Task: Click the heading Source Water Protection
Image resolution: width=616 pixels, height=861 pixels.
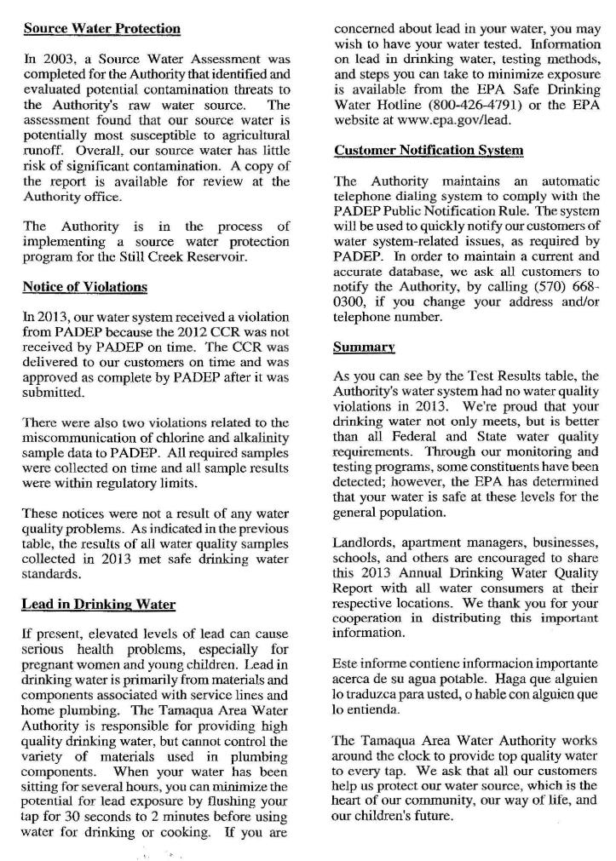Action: (x=101, y=28)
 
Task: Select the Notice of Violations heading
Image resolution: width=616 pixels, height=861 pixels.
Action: (x=84, y=287)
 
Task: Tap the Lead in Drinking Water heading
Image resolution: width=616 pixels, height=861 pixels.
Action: (x=98, y=605)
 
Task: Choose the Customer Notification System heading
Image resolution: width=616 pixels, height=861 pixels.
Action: (x=429, y=151)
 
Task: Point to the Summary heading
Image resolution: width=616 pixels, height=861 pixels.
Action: (x=364, y=347)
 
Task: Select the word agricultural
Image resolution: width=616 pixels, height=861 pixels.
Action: (x=252, y=135)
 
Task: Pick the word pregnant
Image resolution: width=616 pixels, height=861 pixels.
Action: (x=50, y=664)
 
